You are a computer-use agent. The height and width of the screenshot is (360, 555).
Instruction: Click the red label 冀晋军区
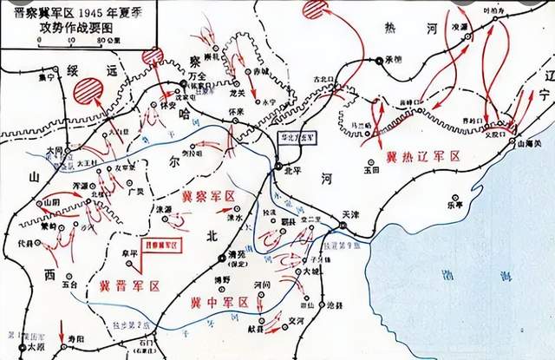(x=128, y=285)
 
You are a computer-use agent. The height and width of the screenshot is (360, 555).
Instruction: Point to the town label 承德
(x=395, y=61)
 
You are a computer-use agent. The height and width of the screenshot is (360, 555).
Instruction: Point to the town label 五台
(x=70, y=284)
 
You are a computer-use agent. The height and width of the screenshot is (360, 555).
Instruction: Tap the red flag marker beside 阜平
(x=164, y=245)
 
